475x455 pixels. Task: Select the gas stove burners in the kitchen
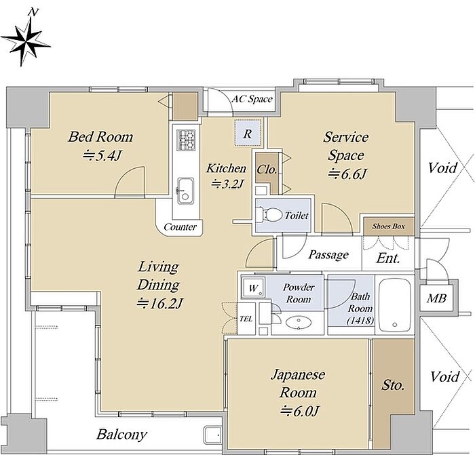click(x=186, y=140)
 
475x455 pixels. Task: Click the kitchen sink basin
click(x=185, y=191)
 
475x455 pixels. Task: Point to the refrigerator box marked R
click(x=248, y=133)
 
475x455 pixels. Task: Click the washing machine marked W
click(x=253, y=288)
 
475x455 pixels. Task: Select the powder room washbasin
click(x=299, y=323)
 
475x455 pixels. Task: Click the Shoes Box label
click(x=388, y=226)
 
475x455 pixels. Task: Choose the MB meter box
click(x=436, y=299)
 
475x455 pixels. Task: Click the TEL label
click(x=246, y=319)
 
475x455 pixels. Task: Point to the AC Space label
click(x=252, y=99)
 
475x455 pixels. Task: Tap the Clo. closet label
click(x=267, y=169)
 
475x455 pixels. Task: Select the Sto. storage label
click(x=393, y=385)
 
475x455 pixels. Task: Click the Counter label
click(x=180, y=226)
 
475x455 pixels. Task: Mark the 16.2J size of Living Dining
click(x=159, y=303)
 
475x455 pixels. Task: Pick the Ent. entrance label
click(x=387, y=258)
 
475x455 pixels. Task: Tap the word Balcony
click(x=121, y=435)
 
